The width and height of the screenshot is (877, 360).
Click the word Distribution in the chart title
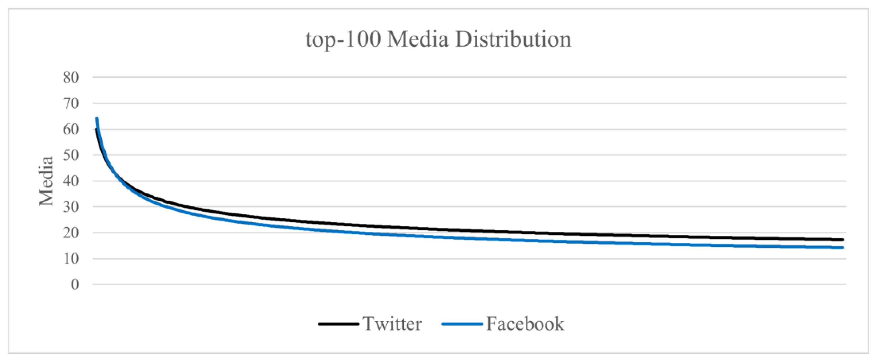[x=513, y=40]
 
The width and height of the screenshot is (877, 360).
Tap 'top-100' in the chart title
[x=343, y=40]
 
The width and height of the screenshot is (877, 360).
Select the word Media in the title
[x=418, y=40]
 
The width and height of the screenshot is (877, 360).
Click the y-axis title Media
[x=46, y=181]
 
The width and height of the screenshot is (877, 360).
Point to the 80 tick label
[x=71, y=77]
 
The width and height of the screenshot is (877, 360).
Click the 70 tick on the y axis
[x=71, y=103]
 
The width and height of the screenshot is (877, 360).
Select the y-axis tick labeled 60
[x=71, y=129]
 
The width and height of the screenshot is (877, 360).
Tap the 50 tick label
[x=71, y=155]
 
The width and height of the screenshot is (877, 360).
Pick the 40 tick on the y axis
[x=71, y=181]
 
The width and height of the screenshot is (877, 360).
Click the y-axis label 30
[x=71, y=207]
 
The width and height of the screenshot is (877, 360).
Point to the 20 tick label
[x=71, y=233]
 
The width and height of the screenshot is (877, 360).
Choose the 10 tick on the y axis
[x=71, y=259]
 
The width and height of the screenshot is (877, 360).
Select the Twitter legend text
[x=392, y=324]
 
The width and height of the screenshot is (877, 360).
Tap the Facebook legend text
[x=525, y=324]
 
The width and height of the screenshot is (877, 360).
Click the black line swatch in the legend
[x=338, y=324]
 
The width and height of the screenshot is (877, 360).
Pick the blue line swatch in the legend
[x=462, y=324]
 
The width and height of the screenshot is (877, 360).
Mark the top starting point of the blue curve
[x=97, y=118]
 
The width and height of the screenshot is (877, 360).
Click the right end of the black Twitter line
[x=842, y=240]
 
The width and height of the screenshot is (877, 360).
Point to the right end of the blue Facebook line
[x=842, y=248]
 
